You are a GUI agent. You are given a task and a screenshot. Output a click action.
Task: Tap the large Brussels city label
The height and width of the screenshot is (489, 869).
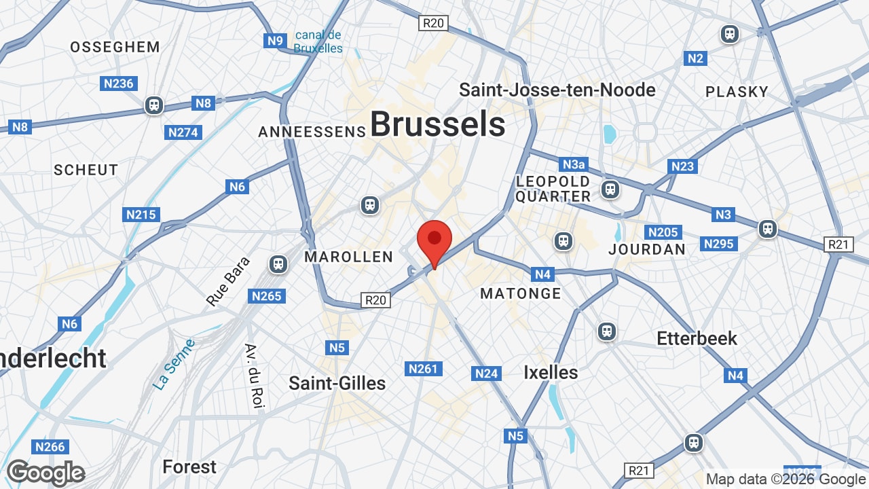tap(437, 124)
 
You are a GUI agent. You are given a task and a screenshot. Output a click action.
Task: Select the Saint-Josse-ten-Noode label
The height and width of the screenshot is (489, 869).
tap(557, 90)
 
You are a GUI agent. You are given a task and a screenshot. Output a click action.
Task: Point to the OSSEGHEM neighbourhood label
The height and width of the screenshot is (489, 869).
tap(115, 47)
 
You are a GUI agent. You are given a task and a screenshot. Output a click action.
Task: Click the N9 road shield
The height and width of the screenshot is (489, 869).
tap(275, 41)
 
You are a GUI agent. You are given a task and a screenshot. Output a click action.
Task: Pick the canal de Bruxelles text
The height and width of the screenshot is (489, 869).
tap(318, 41)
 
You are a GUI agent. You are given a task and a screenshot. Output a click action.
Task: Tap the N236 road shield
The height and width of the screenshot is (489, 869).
tap(119, 84)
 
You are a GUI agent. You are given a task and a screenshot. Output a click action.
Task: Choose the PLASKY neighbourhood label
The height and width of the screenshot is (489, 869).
tap(737, 92)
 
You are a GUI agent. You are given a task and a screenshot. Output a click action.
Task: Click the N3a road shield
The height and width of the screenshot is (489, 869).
tap(574, 164)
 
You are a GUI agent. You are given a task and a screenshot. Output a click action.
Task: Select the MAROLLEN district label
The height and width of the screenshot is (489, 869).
tap(349, 257)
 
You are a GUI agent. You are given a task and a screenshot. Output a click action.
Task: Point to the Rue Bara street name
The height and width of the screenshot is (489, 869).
tap(228, 280)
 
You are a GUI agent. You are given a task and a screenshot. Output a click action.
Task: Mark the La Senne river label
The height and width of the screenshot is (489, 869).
tap(174, 365)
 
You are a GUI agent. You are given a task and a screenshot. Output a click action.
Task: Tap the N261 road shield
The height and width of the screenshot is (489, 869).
tap(424, 369)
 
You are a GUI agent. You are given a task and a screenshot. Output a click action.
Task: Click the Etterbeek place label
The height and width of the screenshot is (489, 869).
tap(697, 338)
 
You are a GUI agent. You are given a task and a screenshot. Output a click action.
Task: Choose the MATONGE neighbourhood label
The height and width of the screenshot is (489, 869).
tap(521, 293)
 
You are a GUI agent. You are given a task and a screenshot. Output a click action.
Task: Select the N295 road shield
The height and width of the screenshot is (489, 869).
tap(719, 244)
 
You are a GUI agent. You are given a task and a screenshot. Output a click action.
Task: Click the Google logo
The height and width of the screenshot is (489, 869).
tap(46, 473)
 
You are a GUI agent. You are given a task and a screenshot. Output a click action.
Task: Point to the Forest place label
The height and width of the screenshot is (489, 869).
tap(189, 467)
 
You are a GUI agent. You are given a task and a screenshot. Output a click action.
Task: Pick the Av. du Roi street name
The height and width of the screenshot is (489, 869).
tap(253, 376)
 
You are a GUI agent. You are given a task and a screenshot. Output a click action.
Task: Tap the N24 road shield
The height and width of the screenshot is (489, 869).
tap(487, 373)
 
